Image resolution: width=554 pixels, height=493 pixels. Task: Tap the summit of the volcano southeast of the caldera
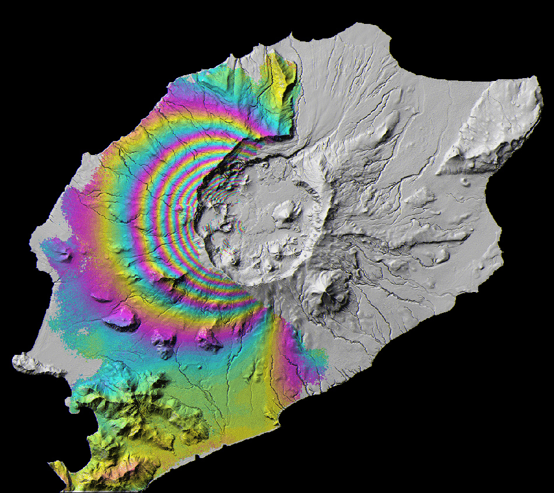click(325, 285)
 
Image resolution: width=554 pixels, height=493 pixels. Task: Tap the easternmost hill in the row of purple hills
click(208, 338)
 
